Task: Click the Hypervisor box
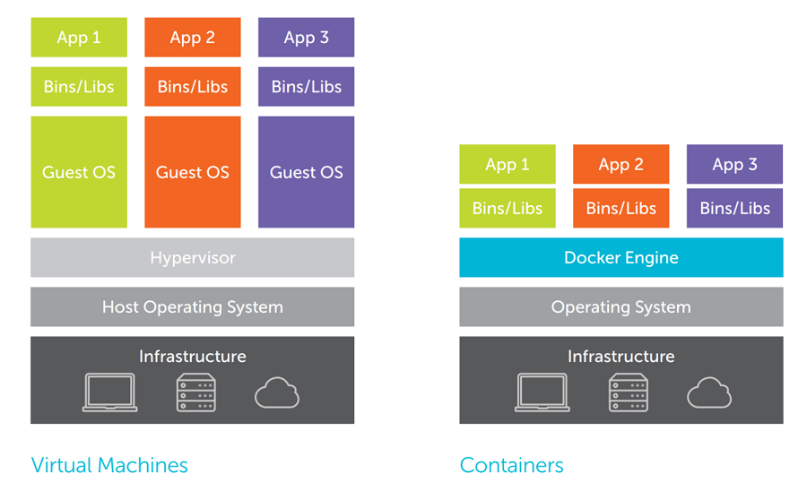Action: click(x=192, y=258)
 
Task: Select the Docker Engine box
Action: click(x=620, y=258)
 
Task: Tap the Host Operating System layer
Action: click(x=192, y=307)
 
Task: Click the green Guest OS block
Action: click(x=79, y=172)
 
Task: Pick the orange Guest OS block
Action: click(x=192, y=172)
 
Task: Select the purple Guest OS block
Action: click(x=306, y=172)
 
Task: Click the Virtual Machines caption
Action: click(x=109, y=465)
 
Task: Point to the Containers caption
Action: click(x=511, y=465)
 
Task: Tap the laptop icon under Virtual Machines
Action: click(x=110, y=392)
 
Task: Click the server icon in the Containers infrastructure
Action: click(x=629, y=392)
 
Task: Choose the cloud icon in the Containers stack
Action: click(x=709, y=392)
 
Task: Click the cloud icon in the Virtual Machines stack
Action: click(x=277, y=392)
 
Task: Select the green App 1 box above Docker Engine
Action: click(x=508, y=165)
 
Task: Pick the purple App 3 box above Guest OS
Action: click(x=306, y=38)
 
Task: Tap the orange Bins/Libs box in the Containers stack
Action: click(x=620, y=208)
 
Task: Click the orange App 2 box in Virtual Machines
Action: click(x=192, y=38)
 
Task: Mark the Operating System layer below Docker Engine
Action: click(x=620, y=307)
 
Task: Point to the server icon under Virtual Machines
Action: click(x=196, y=392)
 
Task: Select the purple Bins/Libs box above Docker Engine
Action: click(x=734, y=208)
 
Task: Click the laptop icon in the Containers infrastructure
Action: click(x=542, y=392)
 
